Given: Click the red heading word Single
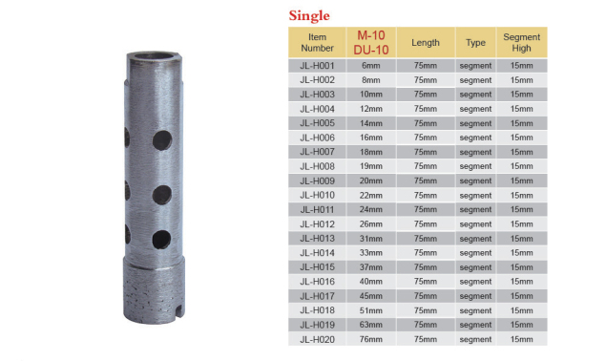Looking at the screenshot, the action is click(309, 16).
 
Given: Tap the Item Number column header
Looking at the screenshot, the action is click(317, 43).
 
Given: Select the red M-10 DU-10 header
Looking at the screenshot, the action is click(371, 43).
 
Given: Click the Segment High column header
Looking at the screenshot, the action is click(521, 43).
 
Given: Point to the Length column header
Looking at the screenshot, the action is click(425, 43).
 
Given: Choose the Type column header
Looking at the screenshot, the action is click(475, 43).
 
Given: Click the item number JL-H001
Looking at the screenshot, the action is click(317, 65).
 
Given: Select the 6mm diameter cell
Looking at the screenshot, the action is click(371, 65).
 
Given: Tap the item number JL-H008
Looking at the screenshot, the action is click(317, 166).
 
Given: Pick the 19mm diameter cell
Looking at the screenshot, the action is click(371, 166).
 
